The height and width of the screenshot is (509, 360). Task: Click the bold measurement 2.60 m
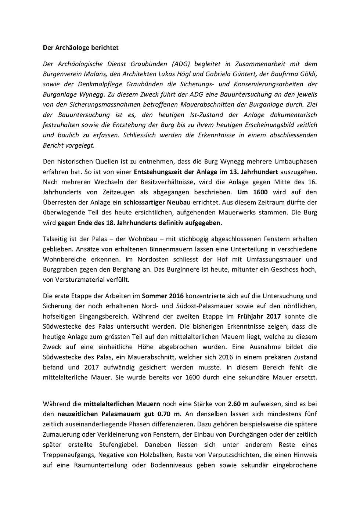click(x=238, y=404)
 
